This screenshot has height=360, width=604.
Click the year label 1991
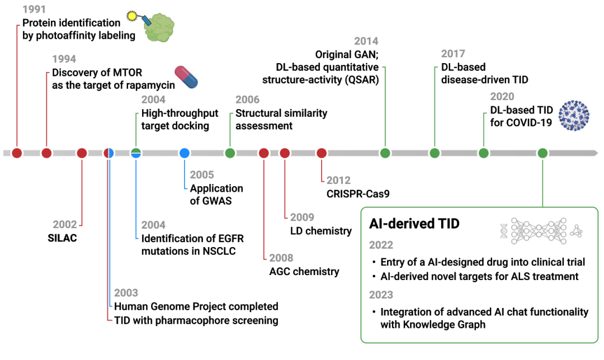coord(35,10)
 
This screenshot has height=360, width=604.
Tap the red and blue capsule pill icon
coord(187,77)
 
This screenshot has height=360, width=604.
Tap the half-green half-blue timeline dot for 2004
coord(136,153)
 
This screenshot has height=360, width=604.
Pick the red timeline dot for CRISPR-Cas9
coord(321,153)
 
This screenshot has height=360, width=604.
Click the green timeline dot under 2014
coord(385,153)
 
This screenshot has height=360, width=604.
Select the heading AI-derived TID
coord(414,224)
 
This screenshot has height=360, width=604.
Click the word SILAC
coord(62,238)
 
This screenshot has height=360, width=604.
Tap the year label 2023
coord(381,295)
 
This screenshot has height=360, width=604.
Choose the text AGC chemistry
coord(304,272)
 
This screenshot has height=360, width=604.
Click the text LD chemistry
coord(320,230)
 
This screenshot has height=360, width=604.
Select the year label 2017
coord(453,54)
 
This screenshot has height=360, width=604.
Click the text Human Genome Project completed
coord(196,306)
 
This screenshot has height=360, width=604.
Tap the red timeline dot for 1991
coord(17,153)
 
